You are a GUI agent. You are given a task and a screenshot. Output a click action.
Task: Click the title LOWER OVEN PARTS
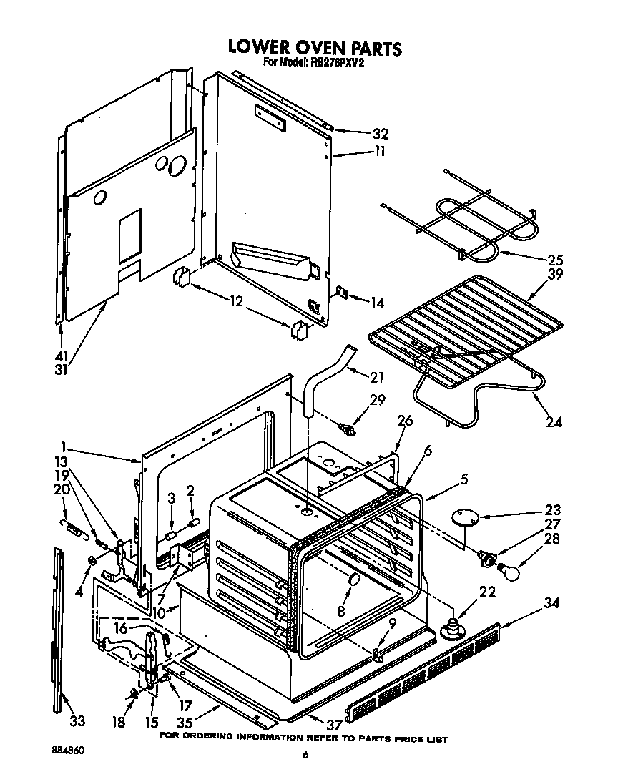[x=315, y=47]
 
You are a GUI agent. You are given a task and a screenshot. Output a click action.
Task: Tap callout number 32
[x=380, y=133]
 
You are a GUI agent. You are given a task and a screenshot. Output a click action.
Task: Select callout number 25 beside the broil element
[x=555, y=260]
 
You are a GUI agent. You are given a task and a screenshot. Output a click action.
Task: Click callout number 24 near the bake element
[x=554, y=422]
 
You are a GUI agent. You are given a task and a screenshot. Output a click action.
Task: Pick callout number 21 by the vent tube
[x=377, y=377]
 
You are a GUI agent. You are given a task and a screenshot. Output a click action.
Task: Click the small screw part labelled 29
[x=348, y=429]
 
